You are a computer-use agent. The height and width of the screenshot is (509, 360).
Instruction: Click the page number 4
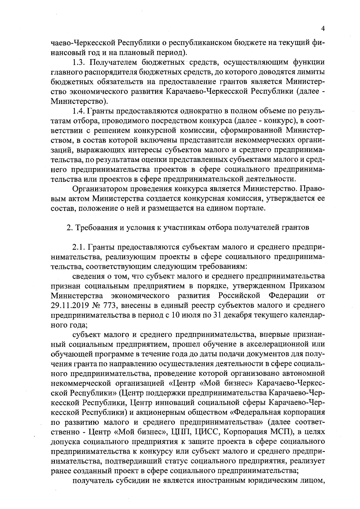pyautogui.click(x=323, y=29)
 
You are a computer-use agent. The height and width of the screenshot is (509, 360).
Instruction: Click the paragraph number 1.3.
pyautogui.click(x=79, y=63)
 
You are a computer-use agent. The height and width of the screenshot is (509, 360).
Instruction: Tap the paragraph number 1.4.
pyautogui.click(x=79, y=111)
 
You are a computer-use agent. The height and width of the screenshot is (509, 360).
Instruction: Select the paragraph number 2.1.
pyautogui.click(x=79, y=247)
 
